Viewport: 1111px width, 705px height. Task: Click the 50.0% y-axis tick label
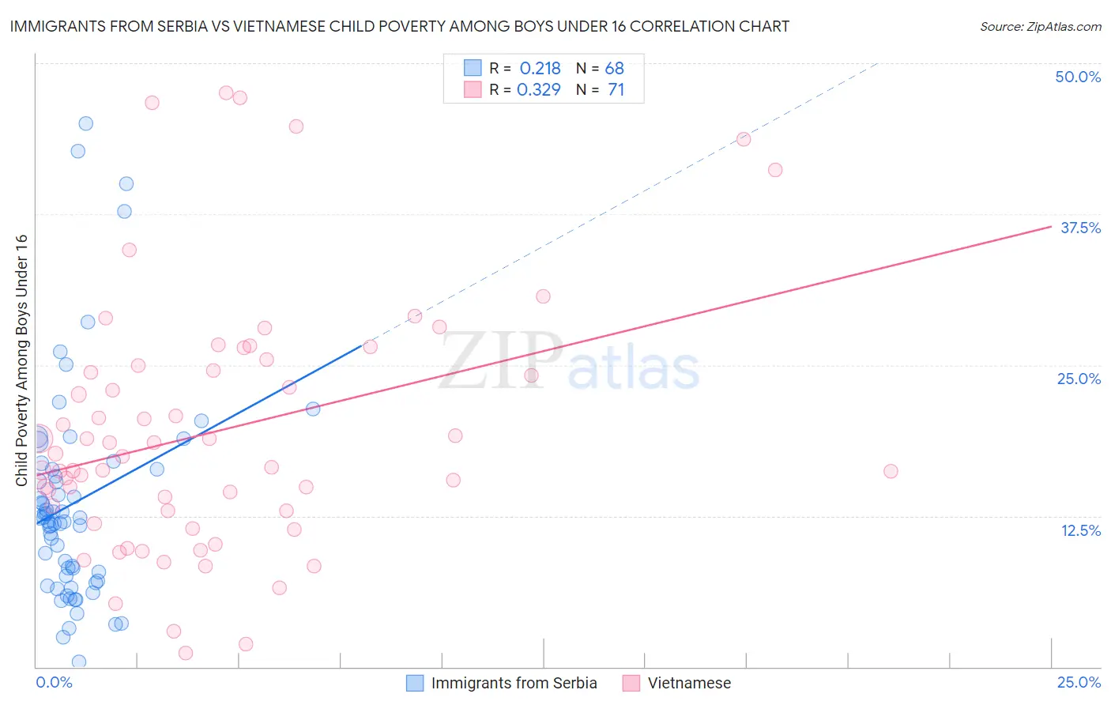tap(1078, 77)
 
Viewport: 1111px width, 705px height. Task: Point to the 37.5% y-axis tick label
tap(1080, 228)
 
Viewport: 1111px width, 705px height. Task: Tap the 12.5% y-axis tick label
tap(1080, 530)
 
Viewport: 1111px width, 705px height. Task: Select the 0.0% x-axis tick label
tap(54, 682)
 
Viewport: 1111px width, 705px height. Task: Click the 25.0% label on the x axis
tap(1079, 682)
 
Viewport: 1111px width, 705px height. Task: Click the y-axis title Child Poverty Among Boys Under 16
tap(21, 360)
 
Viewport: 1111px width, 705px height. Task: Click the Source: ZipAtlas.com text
tap(1040, 27)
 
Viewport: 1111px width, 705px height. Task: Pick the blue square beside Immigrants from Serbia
tap(415, 683)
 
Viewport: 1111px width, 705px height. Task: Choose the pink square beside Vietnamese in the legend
tap(631, 683)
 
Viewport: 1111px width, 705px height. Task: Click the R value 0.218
tap(540, 69)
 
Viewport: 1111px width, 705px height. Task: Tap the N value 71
tap(616, 90)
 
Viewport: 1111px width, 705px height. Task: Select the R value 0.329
tap(539, 90)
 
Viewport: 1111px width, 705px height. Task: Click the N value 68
tap(614, 69)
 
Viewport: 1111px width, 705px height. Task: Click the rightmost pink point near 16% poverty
tap(891, 471)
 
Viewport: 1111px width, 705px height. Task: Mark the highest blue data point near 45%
tap(85, 123)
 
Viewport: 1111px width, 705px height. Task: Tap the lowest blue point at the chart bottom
tap(79, 662)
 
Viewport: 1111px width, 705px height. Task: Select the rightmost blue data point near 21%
tap(313, 409)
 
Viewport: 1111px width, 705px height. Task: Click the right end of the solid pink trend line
tap(1051, 226)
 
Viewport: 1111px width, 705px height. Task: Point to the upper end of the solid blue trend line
tap(362, 345)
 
